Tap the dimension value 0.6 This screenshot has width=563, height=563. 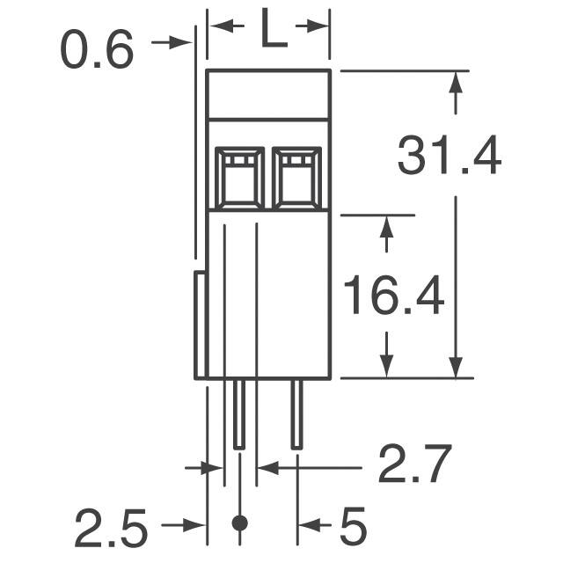(x=96, y=50)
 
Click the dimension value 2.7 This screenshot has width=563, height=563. (x=414, y=465)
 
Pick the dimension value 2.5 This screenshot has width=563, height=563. (x=110, y=529)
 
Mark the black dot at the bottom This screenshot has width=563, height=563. (x=238, y=523)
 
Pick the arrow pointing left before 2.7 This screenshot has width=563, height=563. (x=267, y=468)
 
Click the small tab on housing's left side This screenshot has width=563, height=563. (x=200, y=325)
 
